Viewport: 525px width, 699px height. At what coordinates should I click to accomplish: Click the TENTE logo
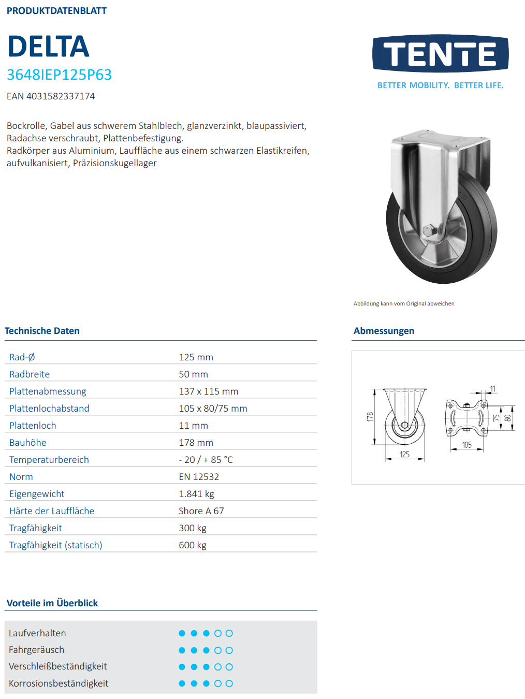[440, 54]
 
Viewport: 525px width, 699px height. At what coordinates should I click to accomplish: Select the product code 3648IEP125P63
[59, 75]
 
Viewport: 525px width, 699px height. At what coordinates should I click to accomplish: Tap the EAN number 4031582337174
[51, 96]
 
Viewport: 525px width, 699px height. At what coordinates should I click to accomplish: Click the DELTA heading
[48, 47]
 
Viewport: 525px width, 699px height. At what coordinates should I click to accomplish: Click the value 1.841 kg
[196, 494]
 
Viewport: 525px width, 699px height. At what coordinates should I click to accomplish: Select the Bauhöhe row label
[28, 443]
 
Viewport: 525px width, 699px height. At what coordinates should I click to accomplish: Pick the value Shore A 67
[201, 511]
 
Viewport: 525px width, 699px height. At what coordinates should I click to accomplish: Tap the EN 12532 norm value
[199, 477]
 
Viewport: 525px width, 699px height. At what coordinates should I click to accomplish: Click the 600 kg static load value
[193, 545]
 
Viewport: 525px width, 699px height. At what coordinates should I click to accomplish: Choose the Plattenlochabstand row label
[49, 409]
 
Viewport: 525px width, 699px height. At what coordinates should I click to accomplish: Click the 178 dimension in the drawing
[370, 417]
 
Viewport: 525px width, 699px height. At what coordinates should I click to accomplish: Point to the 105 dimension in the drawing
[467, 445]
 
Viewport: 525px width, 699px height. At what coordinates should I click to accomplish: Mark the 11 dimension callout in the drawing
[492, 389]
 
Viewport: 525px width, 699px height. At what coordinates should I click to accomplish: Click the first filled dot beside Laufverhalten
[182, 633]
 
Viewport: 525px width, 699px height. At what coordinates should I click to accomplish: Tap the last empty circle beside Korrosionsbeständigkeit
[229, 683]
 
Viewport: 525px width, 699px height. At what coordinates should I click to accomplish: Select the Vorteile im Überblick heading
[52, 603]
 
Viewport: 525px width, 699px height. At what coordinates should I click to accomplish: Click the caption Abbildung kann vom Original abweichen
[404, 304]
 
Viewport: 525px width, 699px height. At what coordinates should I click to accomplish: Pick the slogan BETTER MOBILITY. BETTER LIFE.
[440, 85]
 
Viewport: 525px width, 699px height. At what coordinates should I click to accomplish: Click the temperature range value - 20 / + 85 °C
[206, 460]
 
